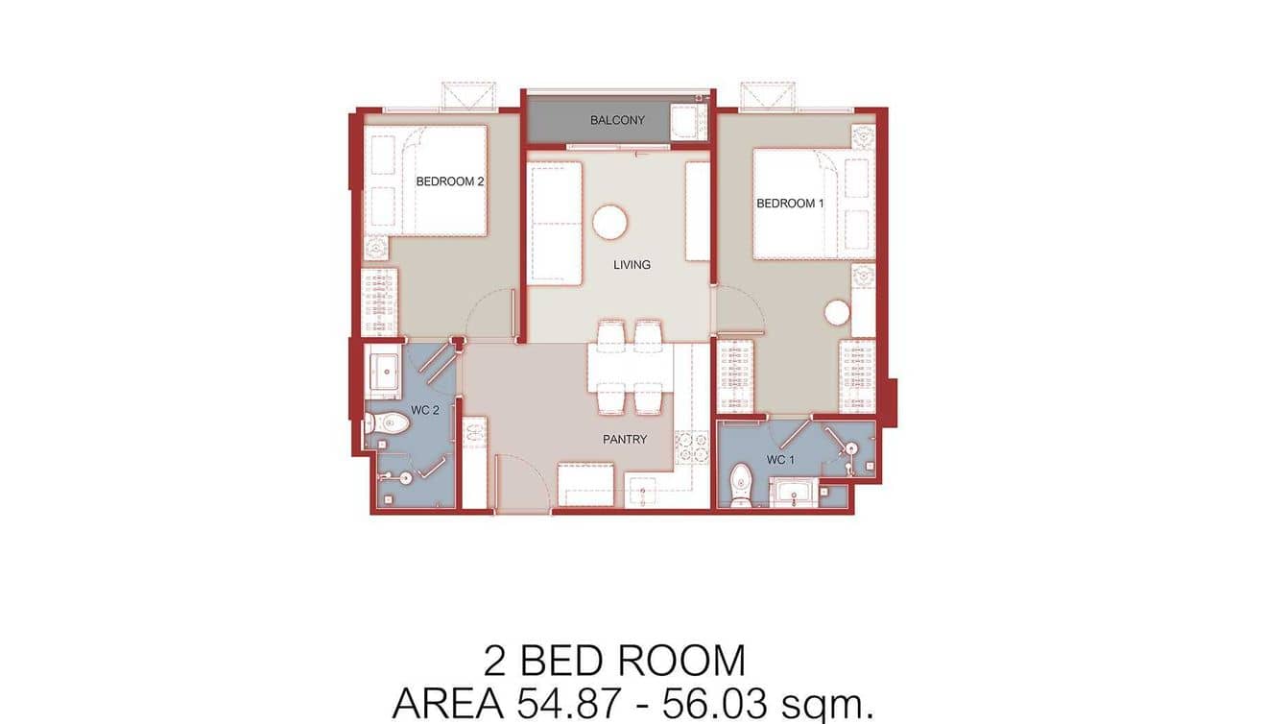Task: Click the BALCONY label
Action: (617, 120)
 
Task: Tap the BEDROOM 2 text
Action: (449, 181)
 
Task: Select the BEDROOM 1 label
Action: (790, 203)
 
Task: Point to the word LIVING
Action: (632, 264)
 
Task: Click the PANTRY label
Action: (625, 439)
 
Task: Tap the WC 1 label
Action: (780, 460)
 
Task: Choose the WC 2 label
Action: (425, 411)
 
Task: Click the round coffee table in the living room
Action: (610, 223)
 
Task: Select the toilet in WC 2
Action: (387, 422)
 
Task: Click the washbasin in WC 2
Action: (386, 371)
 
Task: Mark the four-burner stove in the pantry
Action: (689, 446)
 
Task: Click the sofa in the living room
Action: (556, 223)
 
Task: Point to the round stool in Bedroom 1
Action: (838, 313)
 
